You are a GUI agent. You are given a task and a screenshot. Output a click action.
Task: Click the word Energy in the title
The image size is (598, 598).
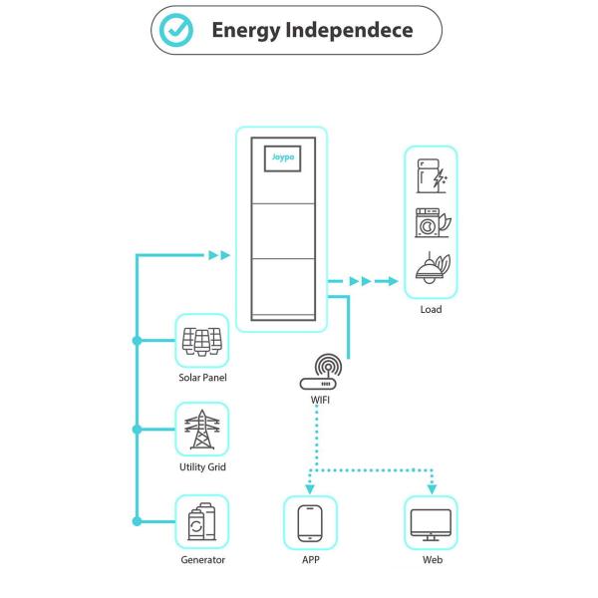243,30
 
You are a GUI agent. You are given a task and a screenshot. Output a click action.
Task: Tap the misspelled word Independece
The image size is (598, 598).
349,30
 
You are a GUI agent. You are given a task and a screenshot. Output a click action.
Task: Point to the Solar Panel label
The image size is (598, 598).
202,378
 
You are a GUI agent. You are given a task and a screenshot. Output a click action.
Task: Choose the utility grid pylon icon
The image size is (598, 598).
202,430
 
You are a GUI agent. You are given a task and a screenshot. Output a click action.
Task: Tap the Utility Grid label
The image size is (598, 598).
202,466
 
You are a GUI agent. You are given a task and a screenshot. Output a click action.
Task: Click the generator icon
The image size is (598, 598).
202,522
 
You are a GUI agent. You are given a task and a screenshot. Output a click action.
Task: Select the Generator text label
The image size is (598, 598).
202,560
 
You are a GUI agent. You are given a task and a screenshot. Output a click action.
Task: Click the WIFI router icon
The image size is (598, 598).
322,372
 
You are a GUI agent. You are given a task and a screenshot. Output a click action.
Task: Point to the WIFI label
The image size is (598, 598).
321,400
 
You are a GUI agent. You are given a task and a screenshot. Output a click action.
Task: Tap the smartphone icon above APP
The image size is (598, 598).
311,522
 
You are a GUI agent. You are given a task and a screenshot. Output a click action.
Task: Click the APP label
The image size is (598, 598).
311,560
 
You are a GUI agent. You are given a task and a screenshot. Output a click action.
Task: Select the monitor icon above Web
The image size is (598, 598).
432,522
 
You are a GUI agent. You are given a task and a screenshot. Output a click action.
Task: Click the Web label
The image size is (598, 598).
432,560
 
